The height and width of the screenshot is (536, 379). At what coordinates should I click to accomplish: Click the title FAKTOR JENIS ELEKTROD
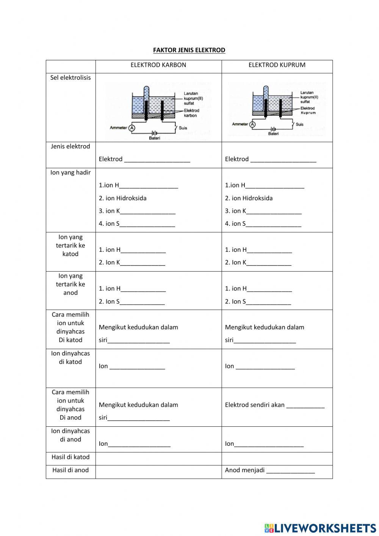pyautogui.click(x=189, y=50)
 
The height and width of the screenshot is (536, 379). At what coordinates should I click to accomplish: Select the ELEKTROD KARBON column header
pyautogui.click(x=158, y=65)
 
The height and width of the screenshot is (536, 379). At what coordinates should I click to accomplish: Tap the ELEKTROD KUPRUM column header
pyautogui.click(x=277, y=65)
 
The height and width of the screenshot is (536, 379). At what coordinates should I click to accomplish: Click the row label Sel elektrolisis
pyautogui.click(x=70, y=78)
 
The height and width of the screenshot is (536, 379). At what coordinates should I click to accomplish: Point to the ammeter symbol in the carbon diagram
pyautogui.click(x=132, y=128)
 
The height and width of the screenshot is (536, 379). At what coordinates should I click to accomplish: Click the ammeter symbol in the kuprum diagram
pyautogui.click(x=252, y=124)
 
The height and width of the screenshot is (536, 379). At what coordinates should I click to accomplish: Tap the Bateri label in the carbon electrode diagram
pyautogui.click(x=154, y=138)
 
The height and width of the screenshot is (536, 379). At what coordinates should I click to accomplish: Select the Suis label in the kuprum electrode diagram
pyautogui.click(x=299, y=124)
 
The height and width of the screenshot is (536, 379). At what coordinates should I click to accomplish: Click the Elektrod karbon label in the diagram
pyautogui.click(x=191, y=113)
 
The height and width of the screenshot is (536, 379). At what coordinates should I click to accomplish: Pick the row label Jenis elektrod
pyautogui.click(x=70, y=146)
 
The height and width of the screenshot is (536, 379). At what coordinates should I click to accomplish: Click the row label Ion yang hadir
pyautogui.click(x=70, y=173)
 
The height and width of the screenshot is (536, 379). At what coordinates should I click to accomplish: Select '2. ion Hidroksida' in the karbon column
pyautogui.click(x=122, y=198)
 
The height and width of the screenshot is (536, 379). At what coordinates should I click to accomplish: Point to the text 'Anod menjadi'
pyautogui.click(x=244, y=470)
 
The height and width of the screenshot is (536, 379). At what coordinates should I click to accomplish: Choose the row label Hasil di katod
pyautogui.click(x=70, y=457)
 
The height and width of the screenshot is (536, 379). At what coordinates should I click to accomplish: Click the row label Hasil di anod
pyautogui.click(x=70, y=470)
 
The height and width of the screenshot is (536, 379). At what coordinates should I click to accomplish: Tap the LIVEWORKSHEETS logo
pyautogui.click(x=320, y=528)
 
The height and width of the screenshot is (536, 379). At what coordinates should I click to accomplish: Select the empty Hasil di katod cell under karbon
pyautogui.click(x=158, y=459)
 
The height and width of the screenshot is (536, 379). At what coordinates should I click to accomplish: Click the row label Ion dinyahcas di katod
pyautogui.click(x=70, y=357)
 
